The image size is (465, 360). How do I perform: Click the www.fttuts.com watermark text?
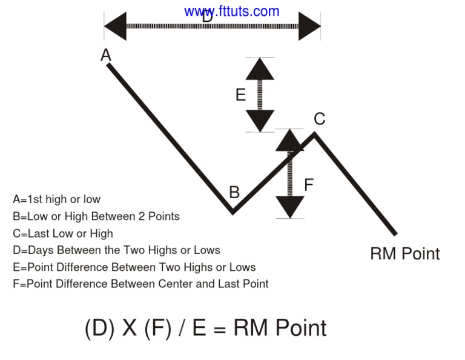[x=232, y=11]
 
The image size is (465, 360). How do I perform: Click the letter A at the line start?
[x=106, y=56]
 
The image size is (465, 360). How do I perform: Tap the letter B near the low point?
[x=234, y=193]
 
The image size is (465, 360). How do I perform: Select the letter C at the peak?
[x=319, y=119]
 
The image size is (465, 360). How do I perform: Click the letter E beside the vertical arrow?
[x=240, y=95]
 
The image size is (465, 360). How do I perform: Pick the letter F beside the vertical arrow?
[x=309, y=185]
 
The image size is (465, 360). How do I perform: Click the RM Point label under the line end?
[x=404, y=253]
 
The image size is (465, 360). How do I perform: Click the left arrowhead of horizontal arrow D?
[x=116, y=26]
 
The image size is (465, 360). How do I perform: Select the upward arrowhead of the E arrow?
[x=260, y=69]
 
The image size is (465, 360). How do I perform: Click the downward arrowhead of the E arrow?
[x=260, y=121]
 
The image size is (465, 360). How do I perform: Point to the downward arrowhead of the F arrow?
[x=290, y=207]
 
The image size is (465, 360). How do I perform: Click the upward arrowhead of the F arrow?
[x=290, y=140]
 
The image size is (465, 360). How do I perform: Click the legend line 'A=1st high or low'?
[x=56, y=199]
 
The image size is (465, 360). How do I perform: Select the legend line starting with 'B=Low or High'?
[x=96, y=216]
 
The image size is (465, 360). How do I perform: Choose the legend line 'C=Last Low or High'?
[x=62, y=233]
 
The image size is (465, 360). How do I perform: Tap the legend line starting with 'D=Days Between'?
[x=116, y=250]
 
